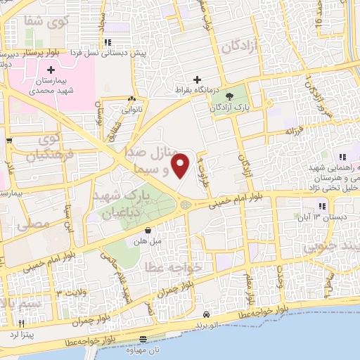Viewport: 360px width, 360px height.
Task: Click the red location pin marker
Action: point(181,166)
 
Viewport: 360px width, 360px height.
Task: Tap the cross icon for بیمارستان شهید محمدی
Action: point(51,70)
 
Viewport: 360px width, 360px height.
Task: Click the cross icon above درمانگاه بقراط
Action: point(198,79)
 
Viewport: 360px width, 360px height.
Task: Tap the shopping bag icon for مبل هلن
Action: point(148,230)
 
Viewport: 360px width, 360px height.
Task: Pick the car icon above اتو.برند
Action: point(206,314)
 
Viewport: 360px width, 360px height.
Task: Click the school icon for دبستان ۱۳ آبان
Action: point(321,206)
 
